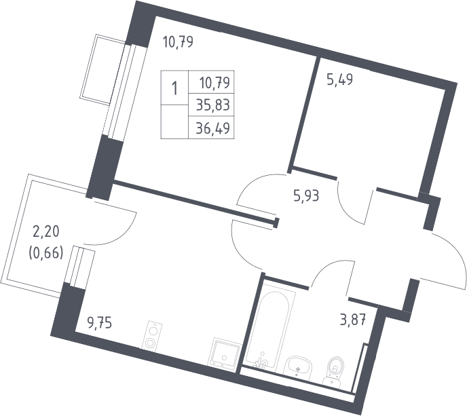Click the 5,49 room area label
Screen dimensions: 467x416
339,80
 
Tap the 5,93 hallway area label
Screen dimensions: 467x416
306,196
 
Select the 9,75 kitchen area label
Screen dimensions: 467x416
99,323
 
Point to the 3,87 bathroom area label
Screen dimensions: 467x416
352,322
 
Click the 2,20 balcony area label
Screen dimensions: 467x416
46,231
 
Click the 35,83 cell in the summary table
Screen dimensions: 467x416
213,105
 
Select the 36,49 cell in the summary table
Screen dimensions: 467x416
213,128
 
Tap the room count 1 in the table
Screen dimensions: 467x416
174,88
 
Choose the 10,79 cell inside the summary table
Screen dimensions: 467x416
215,83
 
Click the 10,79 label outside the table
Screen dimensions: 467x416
178,41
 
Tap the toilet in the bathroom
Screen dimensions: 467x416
335,371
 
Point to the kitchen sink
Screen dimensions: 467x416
225,352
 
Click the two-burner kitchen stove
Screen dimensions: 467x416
152,336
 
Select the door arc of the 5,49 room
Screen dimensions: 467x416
348,208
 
